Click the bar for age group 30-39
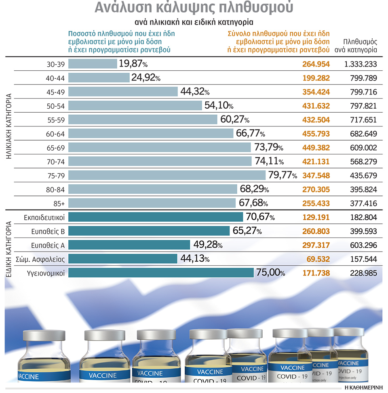pyautogui.click(x=92, y=64)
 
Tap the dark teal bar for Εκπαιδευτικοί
pyautogui.click(x=156, y=217)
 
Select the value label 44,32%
pyautogui.click(x=194, y=92)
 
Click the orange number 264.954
pyautogui.click(x=316, y=64)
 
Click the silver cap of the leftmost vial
pyautogui.click(x=44, y=335)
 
